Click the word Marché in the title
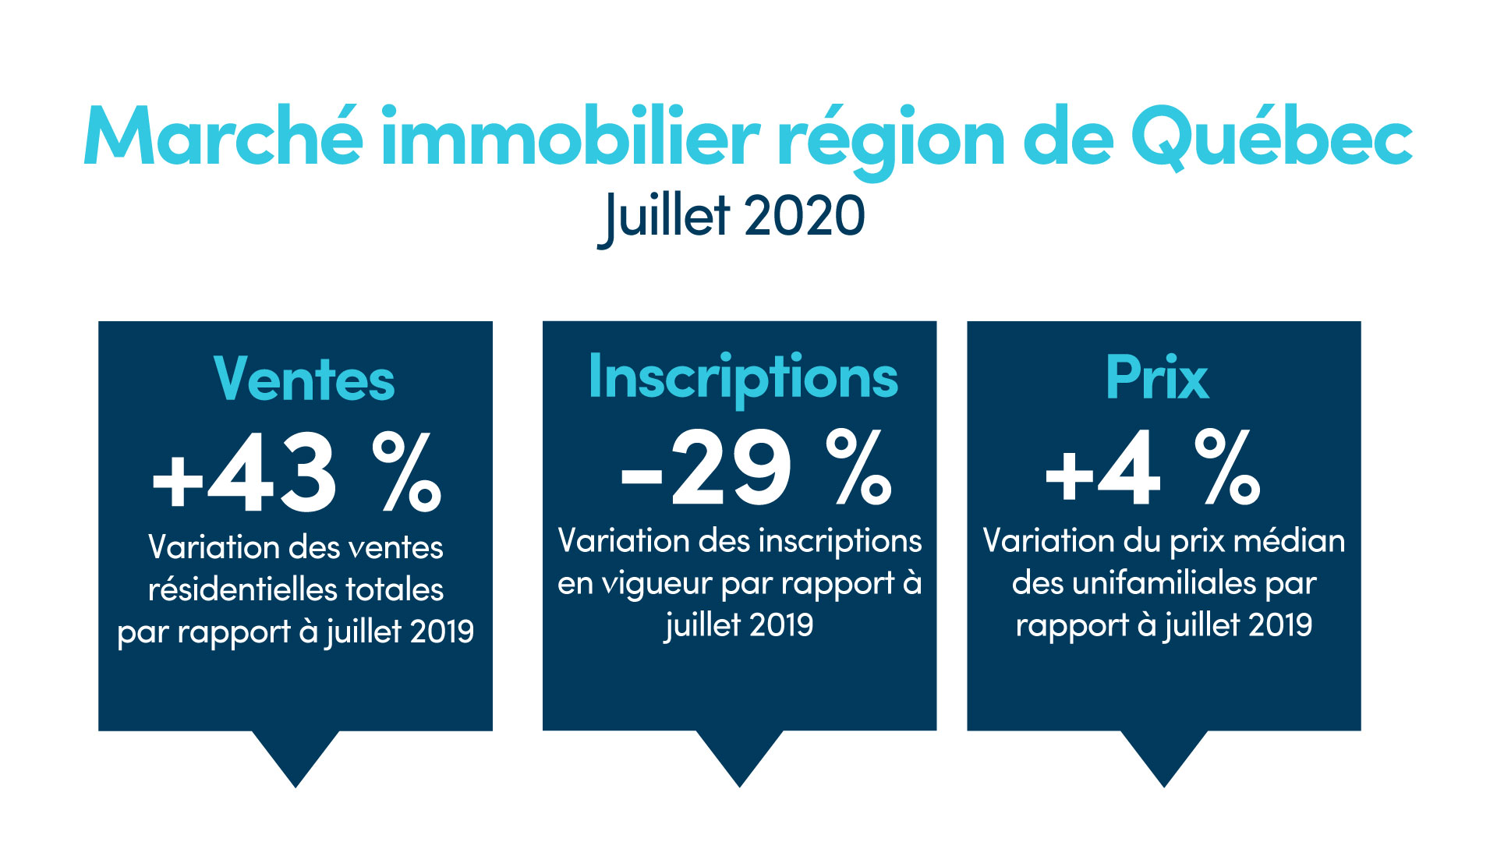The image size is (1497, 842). pyautogui.click(x=223, y=136)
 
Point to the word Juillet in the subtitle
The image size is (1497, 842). pyautogui.click(x=665, y=217)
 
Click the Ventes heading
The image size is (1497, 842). pyautogui.click(x=304, y=380)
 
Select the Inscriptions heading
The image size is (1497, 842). pyautogui.click(x=743, y=378)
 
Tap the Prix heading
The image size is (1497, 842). pyautogui.click(x=1157, y=378)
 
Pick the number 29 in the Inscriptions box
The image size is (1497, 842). pyautogui.click(x=731, y=468)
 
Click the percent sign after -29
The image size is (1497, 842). pyautogui.click(x=858, y=467)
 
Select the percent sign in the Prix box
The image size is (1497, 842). pyautogui.click(x=1226, y=467)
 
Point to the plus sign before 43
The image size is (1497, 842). pyautogui.click(x=178, y=479)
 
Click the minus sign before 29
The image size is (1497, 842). pyautogui.click(x=641, y=476)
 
